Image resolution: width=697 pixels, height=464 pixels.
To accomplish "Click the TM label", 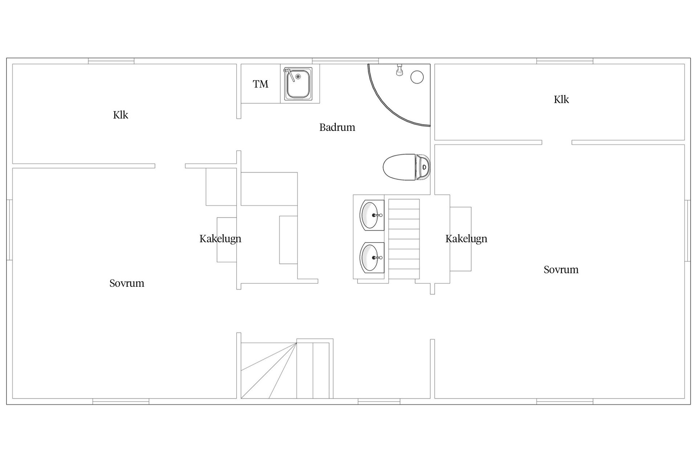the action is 260,84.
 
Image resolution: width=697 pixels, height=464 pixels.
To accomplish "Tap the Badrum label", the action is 337,127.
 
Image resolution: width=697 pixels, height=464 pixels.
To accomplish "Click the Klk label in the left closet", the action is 121,115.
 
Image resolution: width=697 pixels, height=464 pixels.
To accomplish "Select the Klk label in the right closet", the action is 561,99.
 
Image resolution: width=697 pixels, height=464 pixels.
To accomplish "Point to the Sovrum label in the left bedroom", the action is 127,283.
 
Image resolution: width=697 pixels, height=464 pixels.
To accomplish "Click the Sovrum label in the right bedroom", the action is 561,270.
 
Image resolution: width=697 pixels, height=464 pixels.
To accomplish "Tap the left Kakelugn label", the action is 220,239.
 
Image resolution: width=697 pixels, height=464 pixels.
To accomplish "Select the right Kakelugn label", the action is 466,239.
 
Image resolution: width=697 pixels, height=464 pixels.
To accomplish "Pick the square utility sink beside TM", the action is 298,84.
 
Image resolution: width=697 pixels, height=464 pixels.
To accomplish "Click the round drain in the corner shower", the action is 417,77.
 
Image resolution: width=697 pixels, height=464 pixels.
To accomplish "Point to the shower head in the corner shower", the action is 399,70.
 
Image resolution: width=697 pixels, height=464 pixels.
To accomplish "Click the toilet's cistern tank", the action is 423,167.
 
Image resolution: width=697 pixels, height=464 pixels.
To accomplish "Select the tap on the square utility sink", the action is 289,74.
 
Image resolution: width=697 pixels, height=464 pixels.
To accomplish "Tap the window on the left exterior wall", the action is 10,230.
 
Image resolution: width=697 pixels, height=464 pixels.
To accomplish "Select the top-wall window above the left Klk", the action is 111,61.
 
